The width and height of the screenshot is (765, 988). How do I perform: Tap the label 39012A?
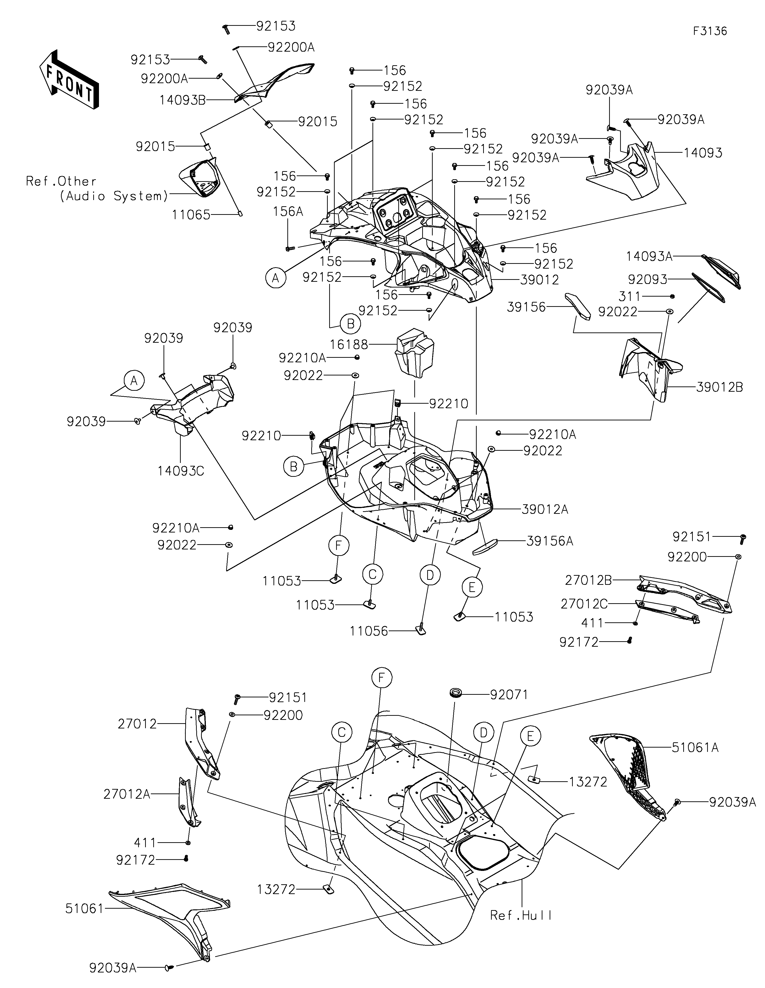[545, 509]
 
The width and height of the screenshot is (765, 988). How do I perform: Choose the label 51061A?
[695, 747]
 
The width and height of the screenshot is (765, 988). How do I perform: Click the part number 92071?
[509, 695]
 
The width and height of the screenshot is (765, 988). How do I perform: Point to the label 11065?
[191, 215]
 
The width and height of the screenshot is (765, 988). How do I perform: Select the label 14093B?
[182, 100]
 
